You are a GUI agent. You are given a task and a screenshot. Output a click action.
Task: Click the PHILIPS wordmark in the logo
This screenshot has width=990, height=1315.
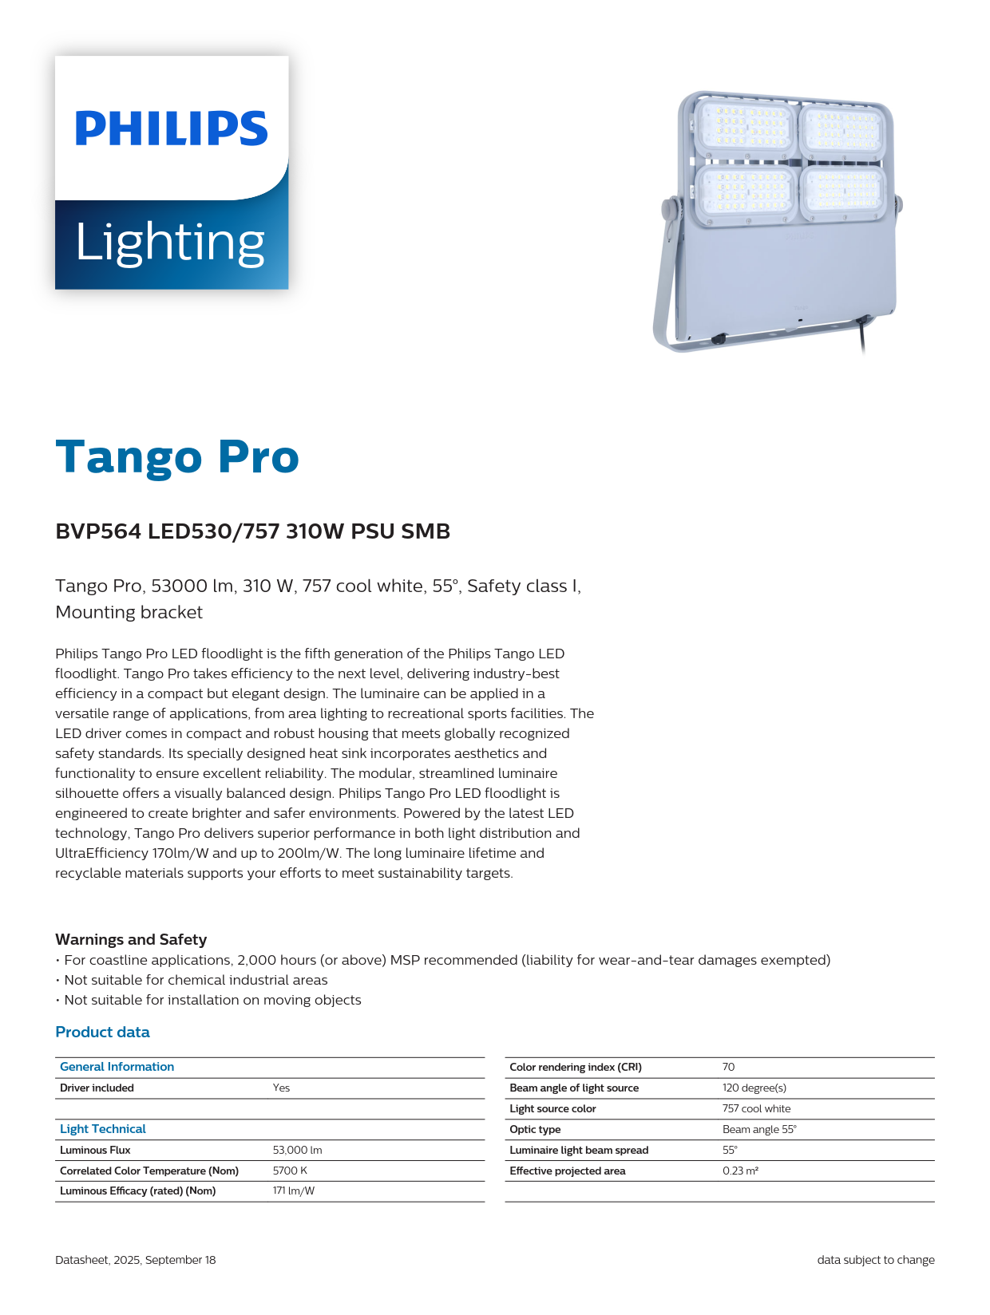(172, 129)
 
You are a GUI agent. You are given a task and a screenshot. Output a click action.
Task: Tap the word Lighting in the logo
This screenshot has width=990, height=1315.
(170, 243)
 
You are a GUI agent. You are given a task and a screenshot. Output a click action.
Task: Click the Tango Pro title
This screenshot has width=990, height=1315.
(177, 457)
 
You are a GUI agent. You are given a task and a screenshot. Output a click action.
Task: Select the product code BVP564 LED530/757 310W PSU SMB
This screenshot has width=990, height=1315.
(252, 531)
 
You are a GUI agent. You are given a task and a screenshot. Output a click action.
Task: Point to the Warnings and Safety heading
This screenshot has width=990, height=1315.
(131, 939)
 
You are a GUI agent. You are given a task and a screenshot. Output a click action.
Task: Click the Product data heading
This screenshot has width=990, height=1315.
(102, 1032)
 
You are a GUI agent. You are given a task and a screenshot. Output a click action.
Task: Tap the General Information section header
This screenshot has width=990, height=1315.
(117, 1067)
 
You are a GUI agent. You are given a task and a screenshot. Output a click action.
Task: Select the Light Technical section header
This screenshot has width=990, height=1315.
(103, 1129)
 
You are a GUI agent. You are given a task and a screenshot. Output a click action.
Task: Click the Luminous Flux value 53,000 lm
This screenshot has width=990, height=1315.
(297, 1150)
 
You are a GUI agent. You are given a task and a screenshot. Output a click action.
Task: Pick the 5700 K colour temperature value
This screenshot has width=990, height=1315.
(290, 1171)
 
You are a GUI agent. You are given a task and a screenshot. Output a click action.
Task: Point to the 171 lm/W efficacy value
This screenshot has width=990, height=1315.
(294, 1191)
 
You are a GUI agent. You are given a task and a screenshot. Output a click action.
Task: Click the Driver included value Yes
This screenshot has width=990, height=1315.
(281, 1088)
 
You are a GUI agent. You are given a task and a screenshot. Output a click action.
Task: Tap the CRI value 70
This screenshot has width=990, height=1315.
(728, 1067)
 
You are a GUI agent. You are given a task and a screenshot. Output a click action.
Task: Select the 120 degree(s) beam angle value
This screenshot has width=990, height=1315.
(754, 1088)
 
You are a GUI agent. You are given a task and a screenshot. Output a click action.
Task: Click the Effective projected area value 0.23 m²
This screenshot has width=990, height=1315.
(740, 1171)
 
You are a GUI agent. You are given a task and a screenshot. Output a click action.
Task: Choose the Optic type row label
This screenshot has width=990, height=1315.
(535, 1129)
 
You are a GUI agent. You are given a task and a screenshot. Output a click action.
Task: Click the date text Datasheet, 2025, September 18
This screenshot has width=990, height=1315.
(135, 1260)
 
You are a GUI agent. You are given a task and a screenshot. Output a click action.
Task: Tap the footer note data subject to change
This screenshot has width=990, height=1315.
(875, 1260)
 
